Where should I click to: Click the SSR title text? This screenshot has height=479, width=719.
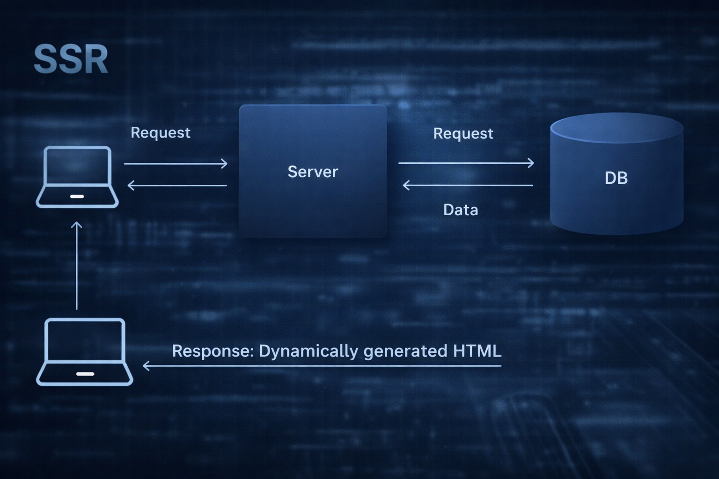71,59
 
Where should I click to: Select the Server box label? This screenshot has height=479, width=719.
313,172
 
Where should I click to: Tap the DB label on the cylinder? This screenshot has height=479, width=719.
616,178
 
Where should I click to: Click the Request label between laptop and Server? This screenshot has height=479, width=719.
160,132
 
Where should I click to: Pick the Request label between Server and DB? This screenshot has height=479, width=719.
463,133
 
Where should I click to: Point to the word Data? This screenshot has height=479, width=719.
461,210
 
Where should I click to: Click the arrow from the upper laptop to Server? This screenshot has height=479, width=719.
176,164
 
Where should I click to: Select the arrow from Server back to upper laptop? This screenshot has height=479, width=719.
177,186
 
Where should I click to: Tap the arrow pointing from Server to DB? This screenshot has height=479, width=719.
466,163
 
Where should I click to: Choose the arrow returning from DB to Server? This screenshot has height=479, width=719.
468,186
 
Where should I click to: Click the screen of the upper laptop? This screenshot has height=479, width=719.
77,166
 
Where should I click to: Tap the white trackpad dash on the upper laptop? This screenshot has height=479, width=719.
77,197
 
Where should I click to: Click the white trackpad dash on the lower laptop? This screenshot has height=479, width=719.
85,374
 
